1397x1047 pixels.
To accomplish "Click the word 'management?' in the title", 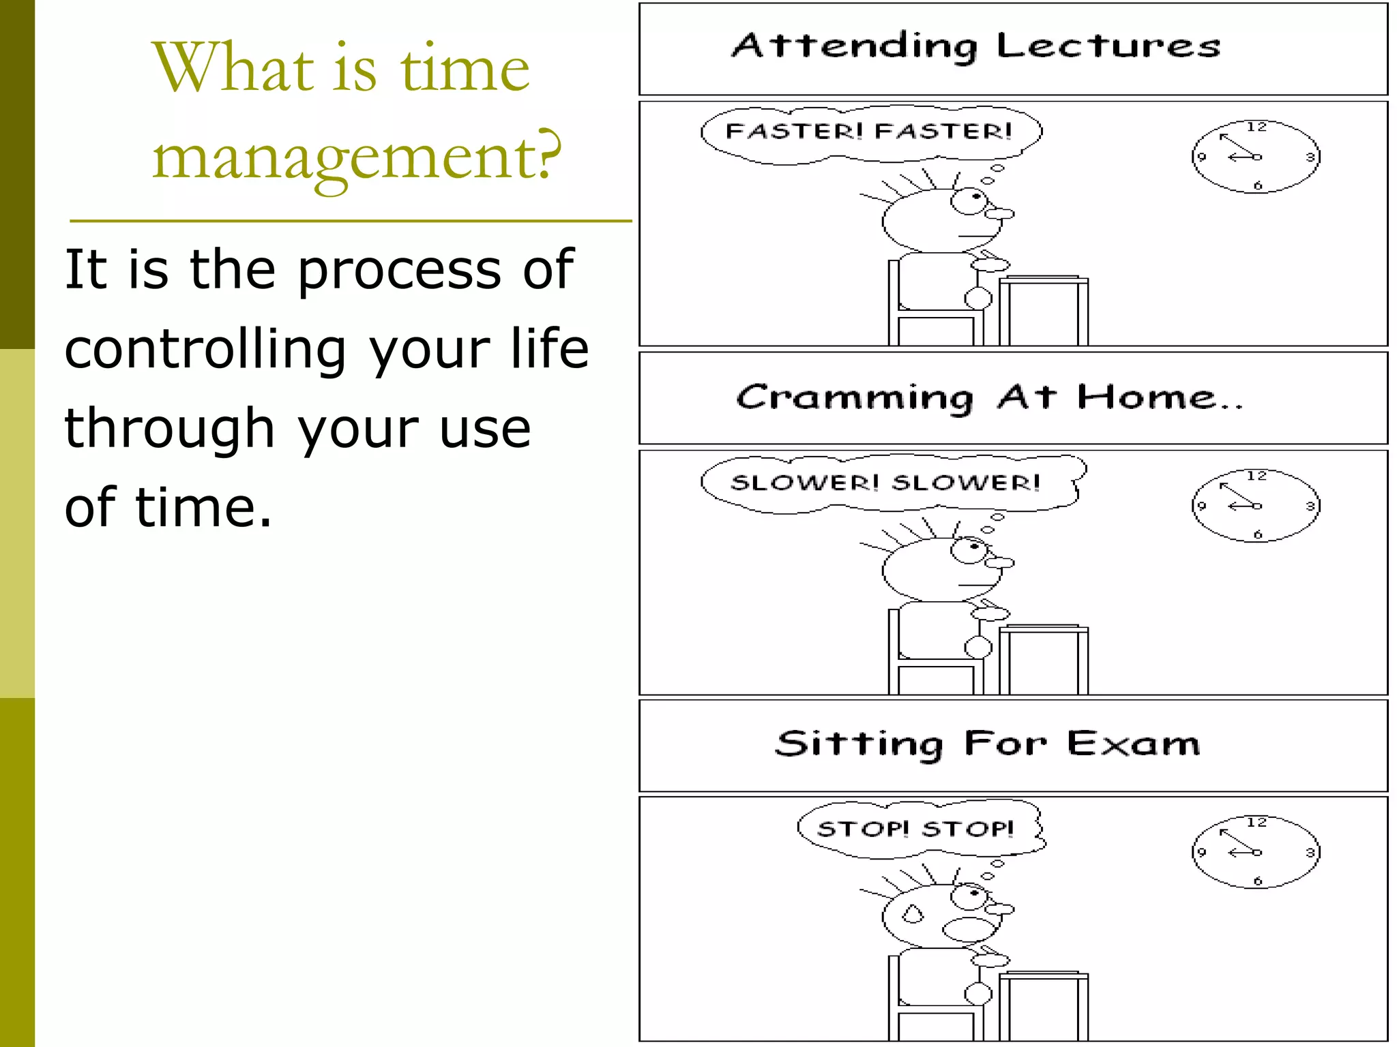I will (x=357, y=157).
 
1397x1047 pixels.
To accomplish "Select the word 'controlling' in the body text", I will (x=205, y=349).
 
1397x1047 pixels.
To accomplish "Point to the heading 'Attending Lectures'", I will (x=975, y=46).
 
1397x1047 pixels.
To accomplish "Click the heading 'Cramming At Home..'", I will (x=989, y=397).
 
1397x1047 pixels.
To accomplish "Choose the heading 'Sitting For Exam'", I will (x=987, y=744).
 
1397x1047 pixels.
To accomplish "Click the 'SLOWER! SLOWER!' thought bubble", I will (x=887, y=483).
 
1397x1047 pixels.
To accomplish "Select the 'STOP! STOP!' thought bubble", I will (x=917, y=829).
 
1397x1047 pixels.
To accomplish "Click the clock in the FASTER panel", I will (x=1256, y=157).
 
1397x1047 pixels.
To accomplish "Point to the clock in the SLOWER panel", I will (x=1256, y=506).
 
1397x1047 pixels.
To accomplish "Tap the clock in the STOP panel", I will (x=1256, y=852).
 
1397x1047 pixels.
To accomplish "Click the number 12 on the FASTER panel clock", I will (x=1256, y=127).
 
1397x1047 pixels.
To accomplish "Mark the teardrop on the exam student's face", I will (x=913, y=913).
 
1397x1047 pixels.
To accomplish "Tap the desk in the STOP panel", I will (x=1044, y=1002).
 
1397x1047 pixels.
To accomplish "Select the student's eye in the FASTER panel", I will (x=969, y=200).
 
